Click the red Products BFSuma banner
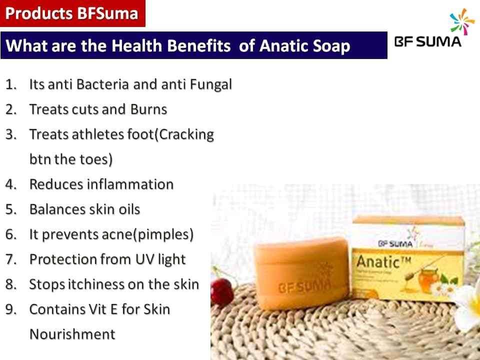72,13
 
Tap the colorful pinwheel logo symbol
462,21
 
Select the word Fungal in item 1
211,85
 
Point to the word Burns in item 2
149,109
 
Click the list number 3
11,134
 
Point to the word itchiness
95,284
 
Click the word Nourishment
72,334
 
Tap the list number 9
11,309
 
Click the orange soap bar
301,273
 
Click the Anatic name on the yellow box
383,262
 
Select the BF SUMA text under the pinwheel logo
427,42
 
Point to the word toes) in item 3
96,159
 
